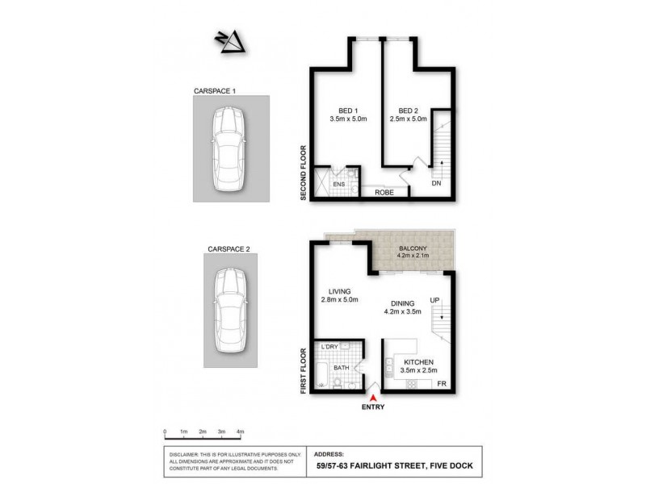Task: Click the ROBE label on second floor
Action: [383, 193]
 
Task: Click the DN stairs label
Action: [436, 184]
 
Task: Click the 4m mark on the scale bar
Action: [240, 432]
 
